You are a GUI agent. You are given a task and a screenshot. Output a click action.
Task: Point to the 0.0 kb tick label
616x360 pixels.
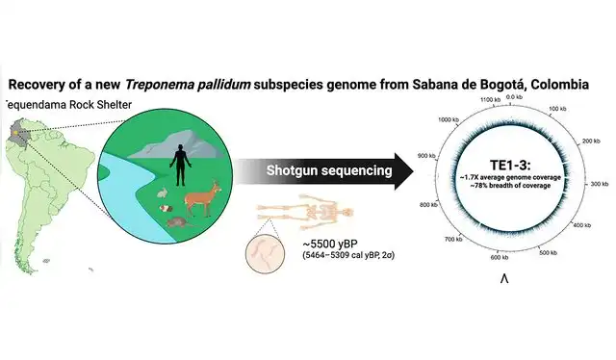pos(514,97)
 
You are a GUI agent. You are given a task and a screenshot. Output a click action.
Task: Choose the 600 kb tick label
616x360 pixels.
pos(498,257)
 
